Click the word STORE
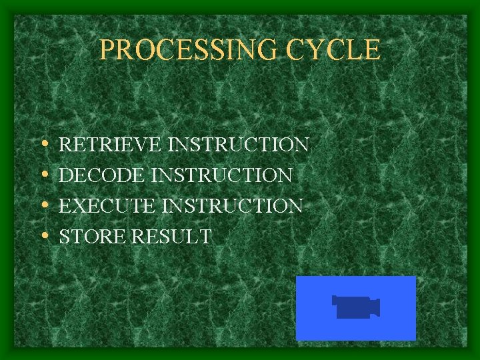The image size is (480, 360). pos(90,237)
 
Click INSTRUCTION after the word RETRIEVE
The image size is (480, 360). pos(239,145)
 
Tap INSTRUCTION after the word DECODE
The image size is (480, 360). pos(223,175)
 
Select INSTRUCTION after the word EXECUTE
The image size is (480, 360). pos(233,206)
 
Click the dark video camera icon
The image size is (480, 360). pos(355,307)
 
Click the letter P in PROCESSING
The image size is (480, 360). pos(107,50)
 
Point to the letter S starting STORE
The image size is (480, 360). pos(65,237)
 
